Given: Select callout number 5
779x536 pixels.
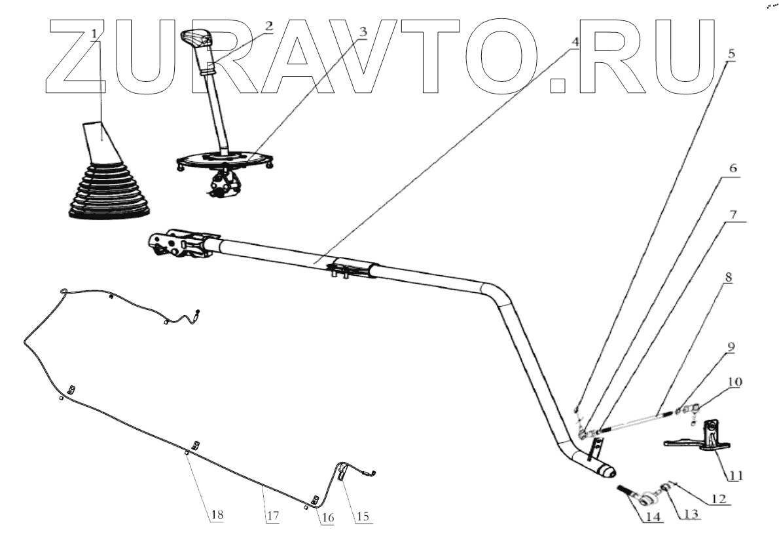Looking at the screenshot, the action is (731, 51).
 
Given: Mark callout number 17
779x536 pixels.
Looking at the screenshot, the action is (272, 516).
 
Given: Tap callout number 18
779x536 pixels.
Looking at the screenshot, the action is (215, 516).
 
